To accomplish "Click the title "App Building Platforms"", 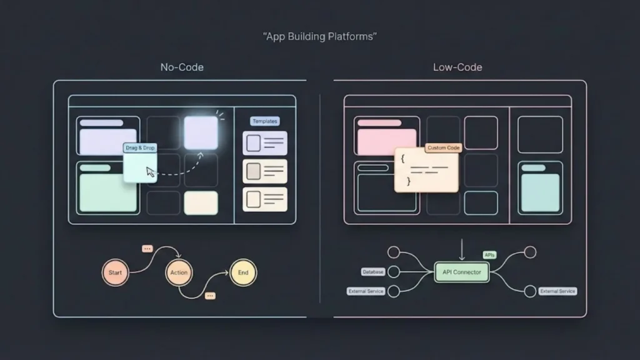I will pos(319,36).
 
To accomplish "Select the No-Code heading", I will pos(182,67).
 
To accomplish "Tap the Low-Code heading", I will pos(457,67).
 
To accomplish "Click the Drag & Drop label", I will pos(140,148).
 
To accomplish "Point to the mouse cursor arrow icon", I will pos(151,172).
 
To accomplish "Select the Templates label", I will pos(264,121).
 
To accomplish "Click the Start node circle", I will pos(116,272).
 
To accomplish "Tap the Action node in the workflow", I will pos(179,272).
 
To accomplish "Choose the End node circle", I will pos(243,272).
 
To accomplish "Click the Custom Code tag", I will pos(443,148).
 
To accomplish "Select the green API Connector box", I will pos(462,272).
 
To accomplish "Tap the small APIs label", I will pos(489,255).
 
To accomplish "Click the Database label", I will pos(372,272).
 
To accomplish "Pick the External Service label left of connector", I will pos(365,291).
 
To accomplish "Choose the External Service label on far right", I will pos(557,291).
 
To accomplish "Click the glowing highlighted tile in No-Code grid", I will pos(201,132).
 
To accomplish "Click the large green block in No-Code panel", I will pos(108,192).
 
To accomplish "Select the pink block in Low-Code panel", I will pos(386,141).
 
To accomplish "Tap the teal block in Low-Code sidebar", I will pos(540,192).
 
